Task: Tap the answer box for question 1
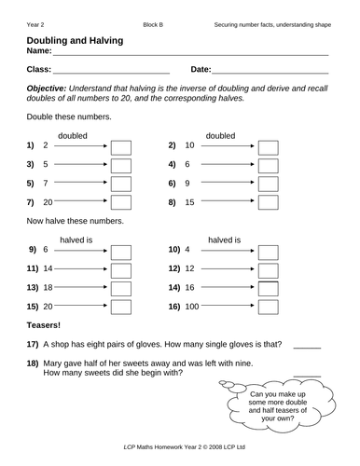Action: point(122,146)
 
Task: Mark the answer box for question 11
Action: point(122,269)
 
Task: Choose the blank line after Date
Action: point(270,71)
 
